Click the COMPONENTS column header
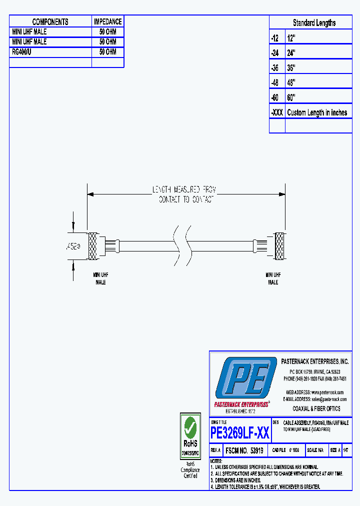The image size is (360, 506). coord(50,21)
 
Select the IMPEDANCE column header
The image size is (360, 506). coord(107,21)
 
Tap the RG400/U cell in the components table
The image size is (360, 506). coord(22,52)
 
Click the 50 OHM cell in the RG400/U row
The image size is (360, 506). coord(107,52)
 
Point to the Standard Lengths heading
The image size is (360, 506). coord(314,23)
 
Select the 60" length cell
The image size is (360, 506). coord(291,97)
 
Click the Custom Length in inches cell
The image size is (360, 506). coord(317,112)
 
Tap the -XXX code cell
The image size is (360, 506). coord(277,112)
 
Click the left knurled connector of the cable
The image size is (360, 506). coord(92,246)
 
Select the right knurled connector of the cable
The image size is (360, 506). coord(280,246)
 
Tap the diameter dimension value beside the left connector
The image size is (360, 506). coord(73,246)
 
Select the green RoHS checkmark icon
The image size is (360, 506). coord(190,426)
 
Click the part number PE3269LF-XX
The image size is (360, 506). coord(240,432)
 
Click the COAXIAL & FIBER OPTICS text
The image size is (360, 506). coord(316,408)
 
